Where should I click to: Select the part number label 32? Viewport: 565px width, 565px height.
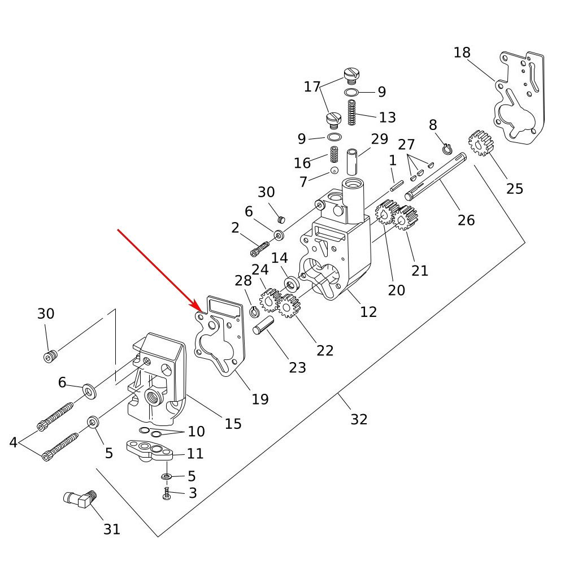[x=359, y=419]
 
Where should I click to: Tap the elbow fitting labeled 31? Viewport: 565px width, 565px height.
[x=79, y=498]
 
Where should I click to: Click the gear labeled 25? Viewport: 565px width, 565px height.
[x=481, y=144]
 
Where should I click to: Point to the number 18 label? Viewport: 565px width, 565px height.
[x=462, y=53]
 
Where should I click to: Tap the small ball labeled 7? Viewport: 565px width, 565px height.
[x=334, y=171]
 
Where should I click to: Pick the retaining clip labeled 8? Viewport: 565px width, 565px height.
[x=446, y=149]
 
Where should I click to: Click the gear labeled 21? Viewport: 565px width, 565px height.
[x=405, y=218]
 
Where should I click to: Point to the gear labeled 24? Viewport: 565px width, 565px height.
[x=270, y=298]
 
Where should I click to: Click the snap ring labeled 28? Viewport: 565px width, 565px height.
[x=255, y=311]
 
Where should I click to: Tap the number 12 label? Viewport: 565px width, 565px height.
[x=368, y=311]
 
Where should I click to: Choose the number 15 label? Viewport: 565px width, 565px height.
[x=233, y=423]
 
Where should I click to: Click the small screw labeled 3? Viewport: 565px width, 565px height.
[x=167, y=495]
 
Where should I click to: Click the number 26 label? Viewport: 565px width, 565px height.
[x=466, y=219]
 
